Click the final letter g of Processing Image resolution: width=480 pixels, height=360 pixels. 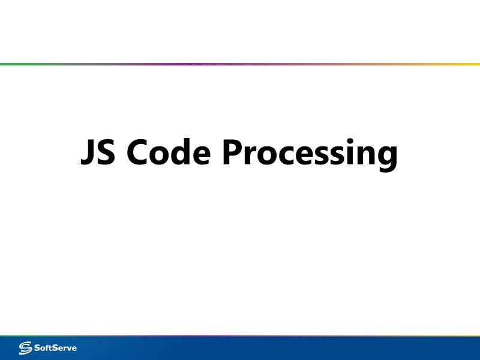coord(386,157)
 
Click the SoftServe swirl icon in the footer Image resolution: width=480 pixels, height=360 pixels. coord(26,347)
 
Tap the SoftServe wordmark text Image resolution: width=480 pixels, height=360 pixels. coord(56,347)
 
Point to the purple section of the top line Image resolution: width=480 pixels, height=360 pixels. coord(186,64)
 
